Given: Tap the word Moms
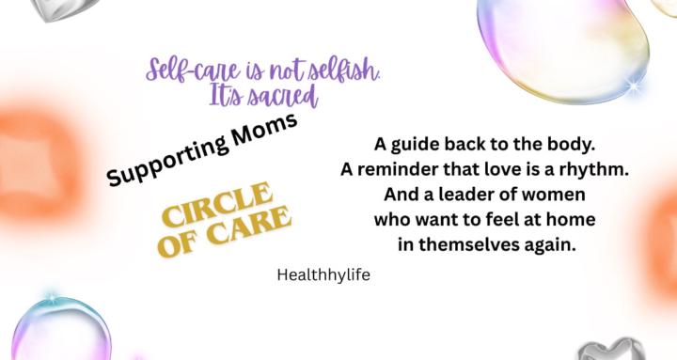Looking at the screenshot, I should (262, 129).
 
